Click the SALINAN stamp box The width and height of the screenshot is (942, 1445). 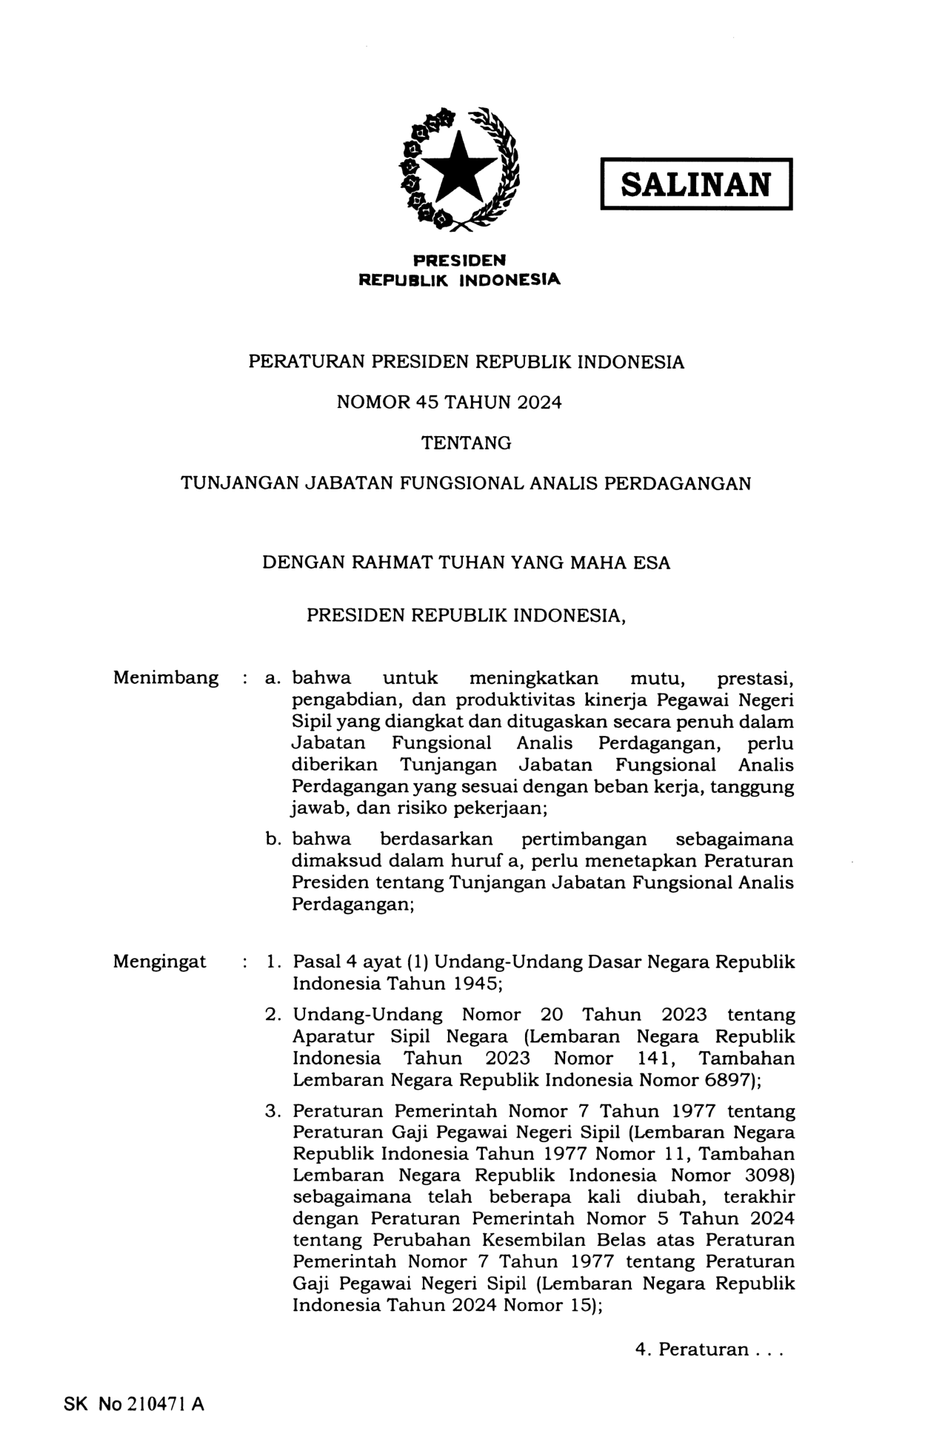[695, 184]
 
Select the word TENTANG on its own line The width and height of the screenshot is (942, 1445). [466, 443]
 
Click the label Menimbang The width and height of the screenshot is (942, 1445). [166, 677]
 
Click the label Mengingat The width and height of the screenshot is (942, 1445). [159, 962]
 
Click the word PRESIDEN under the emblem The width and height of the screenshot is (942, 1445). [459, 261]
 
